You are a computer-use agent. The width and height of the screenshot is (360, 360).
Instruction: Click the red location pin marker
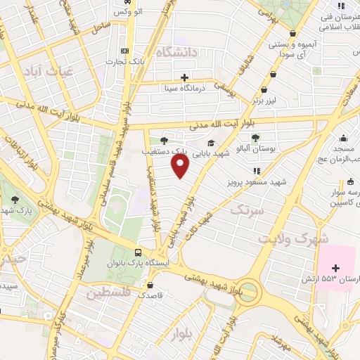tap(181, 166)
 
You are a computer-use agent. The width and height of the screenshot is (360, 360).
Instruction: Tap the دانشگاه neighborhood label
tap(175, 53)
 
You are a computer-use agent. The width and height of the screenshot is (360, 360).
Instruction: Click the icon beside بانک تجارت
tap(126, 51)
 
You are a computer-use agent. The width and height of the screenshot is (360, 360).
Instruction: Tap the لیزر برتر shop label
tap(271, 101)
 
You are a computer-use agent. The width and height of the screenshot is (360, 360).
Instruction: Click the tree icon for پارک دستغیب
tap(164, 139)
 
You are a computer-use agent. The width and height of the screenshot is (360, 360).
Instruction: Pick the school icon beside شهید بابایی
tap(210, 143)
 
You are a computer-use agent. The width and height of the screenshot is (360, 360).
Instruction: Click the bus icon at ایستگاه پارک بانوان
tap(139, 252)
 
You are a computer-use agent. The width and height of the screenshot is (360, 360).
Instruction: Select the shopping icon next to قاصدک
tap(150, 285)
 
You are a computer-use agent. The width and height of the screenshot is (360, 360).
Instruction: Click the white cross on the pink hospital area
tap(335, 268)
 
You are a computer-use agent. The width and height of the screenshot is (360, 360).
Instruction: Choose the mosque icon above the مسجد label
tap(342, 138)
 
